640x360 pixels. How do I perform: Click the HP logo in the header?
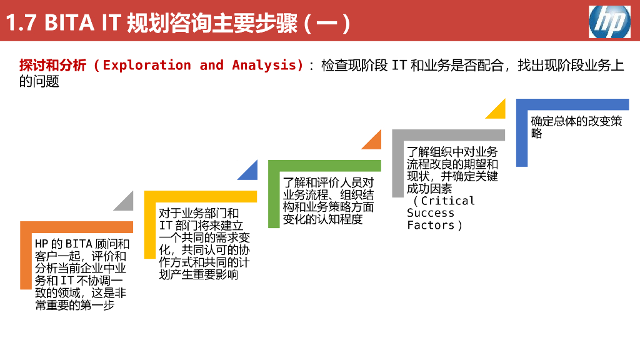point(609,22)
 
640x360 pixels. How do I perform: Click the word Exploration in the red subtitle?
point(146,65)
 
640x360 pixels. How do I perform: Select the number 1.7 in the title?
point(21,22)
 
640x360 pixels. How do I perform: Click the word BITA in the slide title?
point(69,22)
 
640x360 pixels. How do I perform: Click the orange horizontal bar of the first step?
point(77,227)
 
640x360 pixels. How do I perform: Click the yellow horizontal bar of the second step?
point(201,196)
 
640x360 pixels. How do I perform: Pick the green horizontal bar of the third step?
point(324,166)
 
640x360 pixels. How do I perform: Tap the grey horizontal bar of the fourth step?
point(449,135)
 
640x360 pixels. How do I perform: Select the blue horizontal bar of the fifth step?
point(572,104)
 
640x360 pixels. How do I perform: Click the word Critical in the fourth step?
point(447,201)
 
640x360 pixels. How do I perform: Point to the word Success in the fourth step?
point(431,213)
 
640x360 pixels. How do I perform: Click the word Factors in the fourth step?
point(431,225)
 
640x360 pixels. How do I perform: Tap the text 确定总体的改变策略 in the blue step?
point(576,127)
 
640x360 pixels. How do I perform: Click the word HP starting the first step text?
point(41,244)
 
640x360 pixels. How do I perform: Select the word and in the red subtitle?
point(211,65)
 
